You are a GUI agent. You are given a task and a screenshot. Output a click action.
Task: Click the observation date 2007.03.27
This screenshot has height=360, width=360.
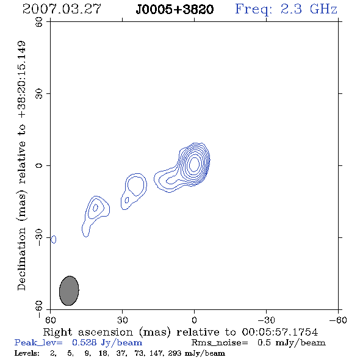click(x=62, y=9)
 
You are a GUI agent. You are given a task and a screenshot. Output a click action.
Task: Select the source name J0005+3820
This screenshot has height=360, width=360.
click(x=175, y=10)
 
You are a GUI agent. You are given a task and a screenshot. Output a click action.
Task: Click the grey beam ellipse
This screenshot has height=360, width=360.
click(x=69, y=290)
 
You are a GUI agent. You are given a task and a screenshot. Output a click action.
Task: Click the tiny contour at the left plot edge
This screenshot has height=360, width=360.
click(x=54, y=239)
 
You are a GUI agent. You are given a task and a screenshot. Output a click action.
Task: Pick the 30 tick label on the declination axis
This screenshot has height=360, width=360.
click(x=39, y=93)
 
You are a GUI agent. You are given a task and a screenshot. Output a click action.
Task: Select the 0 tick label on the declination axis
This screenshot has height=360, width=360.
click(x=39, y=165)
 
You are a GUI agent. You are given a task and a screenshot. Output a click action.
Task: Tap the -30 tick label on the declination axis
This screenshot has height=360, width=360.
click(x=39, y=237)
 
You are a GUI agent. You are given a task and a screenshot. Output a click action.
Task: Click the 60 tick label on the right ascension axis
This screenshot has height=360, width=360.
click(x=50, y=320)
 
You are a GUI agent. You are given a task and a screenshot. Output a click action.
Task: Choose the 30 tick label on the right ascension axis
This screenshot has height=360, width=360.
click(x=123, y=320)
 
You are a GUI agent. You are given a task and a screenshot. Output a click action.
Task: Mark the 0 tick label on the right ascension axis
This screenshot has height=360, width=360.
click(x=194, y=320)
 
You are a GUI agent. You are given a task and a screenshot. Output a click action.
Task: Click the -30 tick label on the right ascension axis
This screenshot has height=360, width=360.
click(x=266, y=320)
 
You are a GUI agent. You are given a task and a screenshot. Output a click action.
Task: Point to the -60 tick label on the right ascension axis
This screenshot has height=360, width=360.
click(x=338, y=320)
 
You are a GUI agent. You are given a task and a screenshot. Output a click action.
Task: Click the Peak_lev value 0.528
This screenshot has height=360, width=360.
click(x=84, y=342)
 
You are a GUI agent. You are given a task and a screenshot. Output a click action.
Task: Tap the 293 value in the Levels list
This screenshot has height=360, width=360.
click(x=175, y=353)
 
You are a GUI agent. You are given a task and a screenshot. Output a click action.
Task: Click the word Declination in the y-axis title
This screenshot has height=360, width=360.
click(x=21, y=259)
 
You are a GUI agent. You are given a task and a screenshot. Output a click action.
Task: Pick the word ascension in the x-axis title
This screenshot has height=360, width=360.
click(x=106, y=332)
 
